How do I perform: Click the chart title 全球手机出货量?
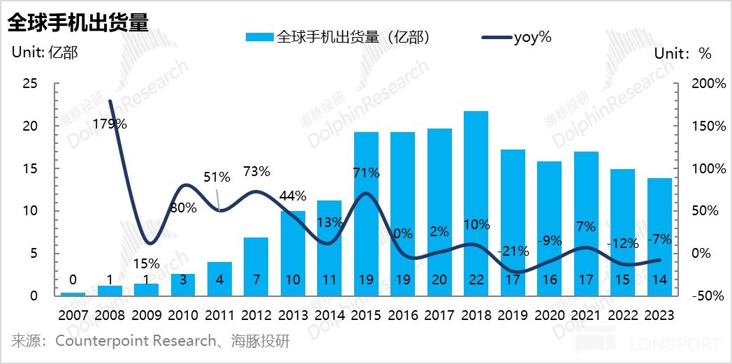pos(78,22)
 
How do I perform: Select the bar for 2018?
pos(476,203)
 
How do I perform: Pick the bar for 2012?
pos(256,266)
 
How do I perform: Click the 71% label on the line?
pos(365,173)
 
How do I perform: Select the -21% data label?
pos(513,251)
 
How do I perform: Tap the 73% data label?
pos(256,171)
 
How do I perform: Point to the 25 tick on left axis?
pos(30,84)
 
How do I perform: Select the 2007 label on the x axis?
pos(73,315)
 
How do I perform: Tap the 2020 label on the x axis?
pos(549,315)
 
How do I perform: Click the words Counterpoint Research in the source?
pos(136,342)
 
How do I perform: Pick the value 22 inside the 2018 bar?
pos(476,279)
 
